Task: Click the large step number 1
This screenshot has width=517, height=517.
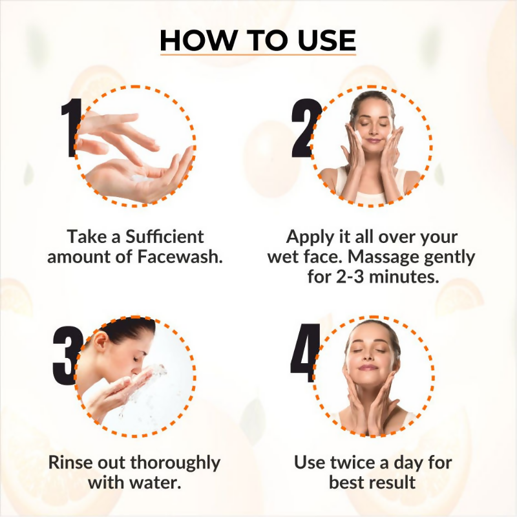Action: point(70,128)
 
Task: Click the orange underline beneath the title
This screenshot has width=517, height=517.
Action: point(258,54)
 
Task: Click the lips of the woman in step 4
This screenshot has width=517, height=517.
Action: point(368,366)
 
